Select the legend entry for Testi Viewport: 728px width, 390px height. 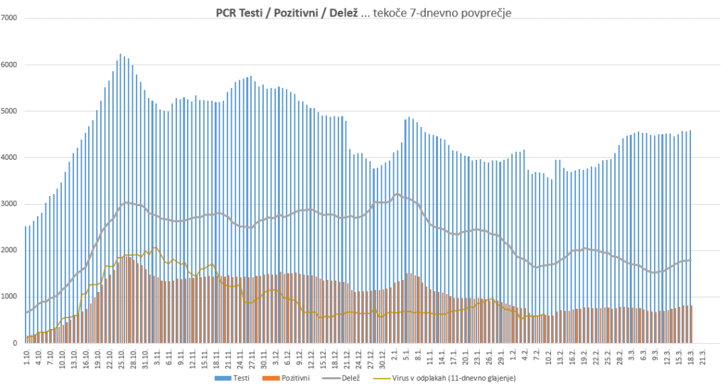tap(232, 378)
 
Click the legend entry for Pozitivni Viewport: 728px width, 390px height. tap(293, 378)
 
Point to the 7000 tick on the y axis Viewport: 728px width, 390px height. tap(10, 18)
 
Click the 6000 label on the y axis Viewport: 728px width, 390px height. tap(10, 65)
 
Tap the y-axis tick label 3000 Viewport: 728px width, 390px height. tap(10, 204)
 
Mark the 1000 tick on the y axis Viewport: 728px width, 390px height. tap(10, 297)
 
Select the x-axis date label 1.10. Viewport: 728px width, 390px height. tap(27, 357)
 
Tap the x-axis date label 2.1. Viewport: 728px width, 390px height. tap(394, 357)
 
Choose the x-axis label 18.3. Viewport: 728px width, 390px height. tap(690, 357)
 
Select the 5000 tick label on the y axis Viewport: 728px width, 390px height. tap(10, 111)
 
